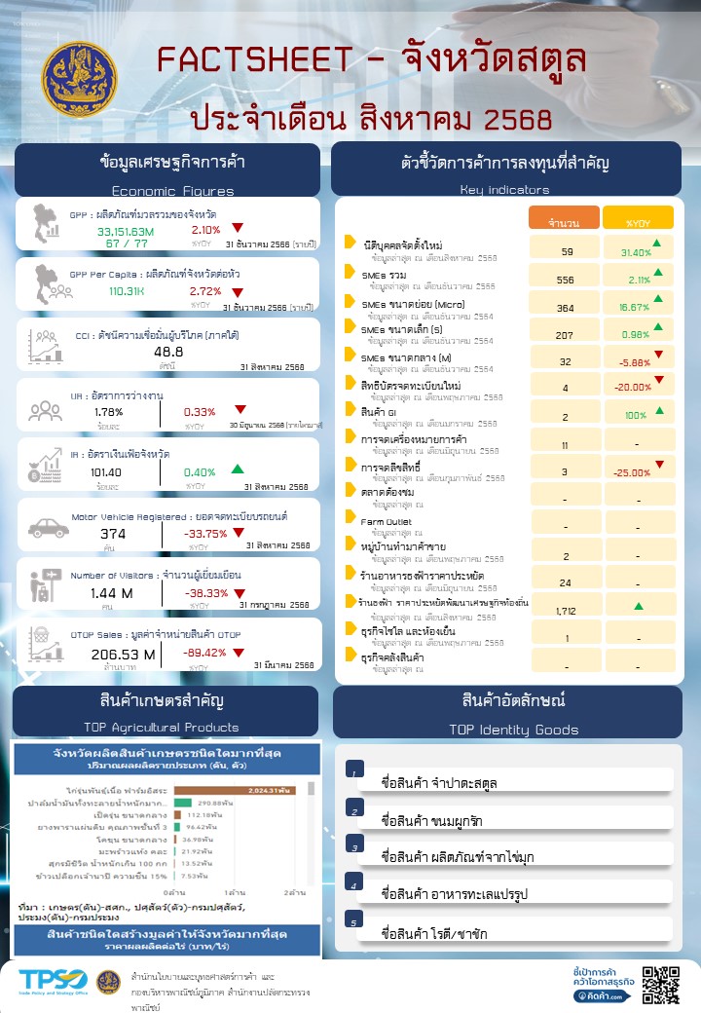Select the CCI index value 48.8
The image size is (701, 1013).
167,352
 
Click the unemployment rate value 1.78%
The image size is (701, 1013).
108,412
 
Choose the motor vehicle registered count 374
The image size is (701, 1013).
113,534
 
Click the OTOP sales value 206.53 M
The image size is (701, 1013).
123,654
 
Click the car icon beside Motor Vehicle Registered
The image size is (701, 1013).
48,528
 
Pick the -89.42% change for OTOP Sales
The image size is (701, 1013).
204,654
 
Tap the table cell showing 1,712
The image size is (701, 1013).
566,611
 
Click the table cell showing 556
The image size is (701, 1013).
566,280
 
